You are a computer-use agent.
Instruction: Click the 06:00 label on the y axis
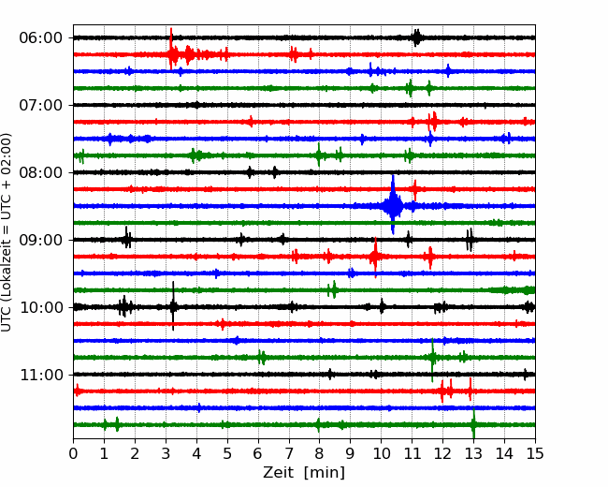pos(40,38)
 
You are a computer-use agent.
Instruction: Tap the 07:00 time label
pos(40,105)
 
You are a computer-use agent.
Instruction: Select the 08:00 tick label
pos(40,172)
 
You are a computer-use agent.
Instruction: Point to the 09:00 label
pos(40,240)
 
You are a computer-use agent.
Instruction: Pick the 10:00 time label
pos(40,307)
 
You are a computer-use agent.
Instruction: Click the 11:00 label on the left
pos(40,375)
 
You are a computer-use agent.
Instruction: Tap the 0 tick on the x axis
pos(73,453)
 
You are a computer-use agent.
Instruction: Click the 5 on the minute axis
pos(227,453)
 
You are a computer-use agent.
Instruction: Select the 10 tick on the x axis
pos(381,453)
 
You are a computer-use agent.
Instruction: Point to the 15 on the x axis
pos(535,453)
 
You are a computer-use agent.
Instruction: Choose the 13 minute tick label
pos(473,453)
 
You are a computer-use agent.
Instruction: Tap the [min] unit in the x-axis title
pos(325,473)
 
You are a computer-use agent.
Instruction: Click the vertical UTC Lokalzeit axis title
pos(6,232)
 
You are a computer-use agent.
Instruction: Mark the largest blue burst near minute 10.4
pos(393,205)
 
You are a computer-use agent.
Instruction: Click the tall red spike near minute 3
pos(171,49)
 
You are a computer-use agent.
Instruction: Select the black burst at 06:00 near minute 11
pos(416,37)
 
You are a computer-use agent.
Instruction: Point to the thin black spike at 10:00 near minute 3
pos(173,306)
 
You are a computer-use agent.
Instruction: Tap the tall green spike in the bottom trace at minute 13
pos(473,423)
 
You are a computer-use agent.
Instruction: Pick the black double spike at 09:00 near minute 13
pos(470,240)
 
